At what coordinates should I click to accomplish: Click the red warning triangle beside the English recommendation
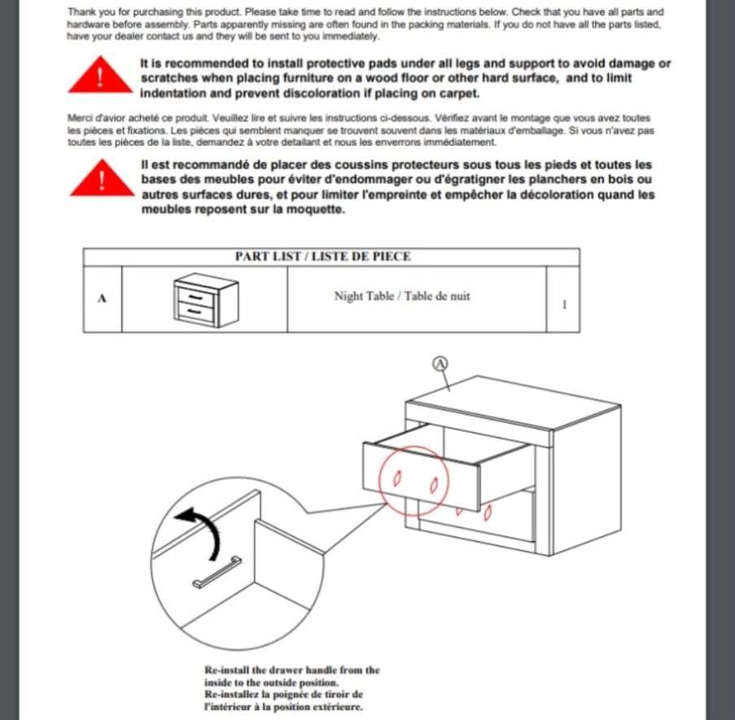click(99, 76)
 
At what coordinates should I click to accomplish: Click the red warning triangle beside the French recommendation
click(99, 181)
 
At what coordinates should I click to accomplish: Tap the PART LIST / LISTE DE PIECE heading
click(323, 256)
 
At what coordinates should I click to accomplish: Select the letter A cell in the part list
click(102, 299)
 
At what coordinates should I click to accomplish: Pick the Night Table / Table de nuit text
click(402, 296)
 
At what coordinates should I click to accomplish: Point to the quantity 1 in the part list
click(564, 304)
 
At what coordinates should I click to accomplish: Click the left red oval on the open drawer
click(398, 480)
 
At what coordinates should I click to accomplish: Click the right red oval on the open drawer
click(434, 487)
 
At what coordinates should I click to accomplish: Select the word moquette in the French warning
click(320, 209)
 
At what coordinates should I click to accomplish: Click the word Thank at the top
click(82, 12)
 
